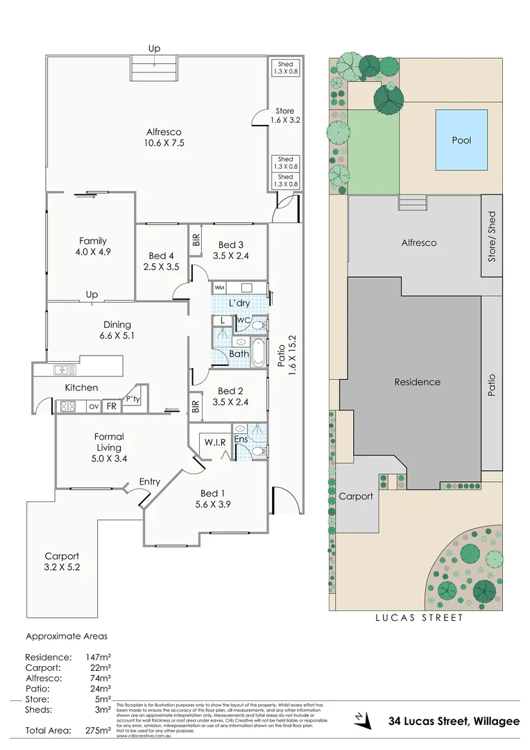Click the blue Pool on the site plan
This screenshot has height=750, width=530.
tap(461, 140)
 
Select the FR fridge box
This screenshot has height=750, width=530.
tap(111, 406)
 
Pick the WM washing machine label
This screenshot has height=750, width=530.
tap(220, 287)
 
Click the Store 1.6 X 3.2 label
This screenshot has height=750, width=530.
tap(284, 115)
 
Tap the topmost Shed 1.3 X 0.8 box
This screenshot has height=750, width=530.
tap(285, 68)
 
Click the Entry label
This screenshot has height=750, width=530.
tap(150, 481)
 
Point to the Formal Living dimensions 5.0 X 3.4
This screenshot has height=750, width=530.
tap(109, 458)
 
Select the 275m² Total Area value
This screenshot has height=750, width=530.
tap(97, 731)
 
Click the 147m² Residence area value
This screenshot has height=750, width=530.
tap(97, 657)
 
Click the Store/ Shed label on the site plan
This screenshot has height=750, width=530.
tap(492, 236)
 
